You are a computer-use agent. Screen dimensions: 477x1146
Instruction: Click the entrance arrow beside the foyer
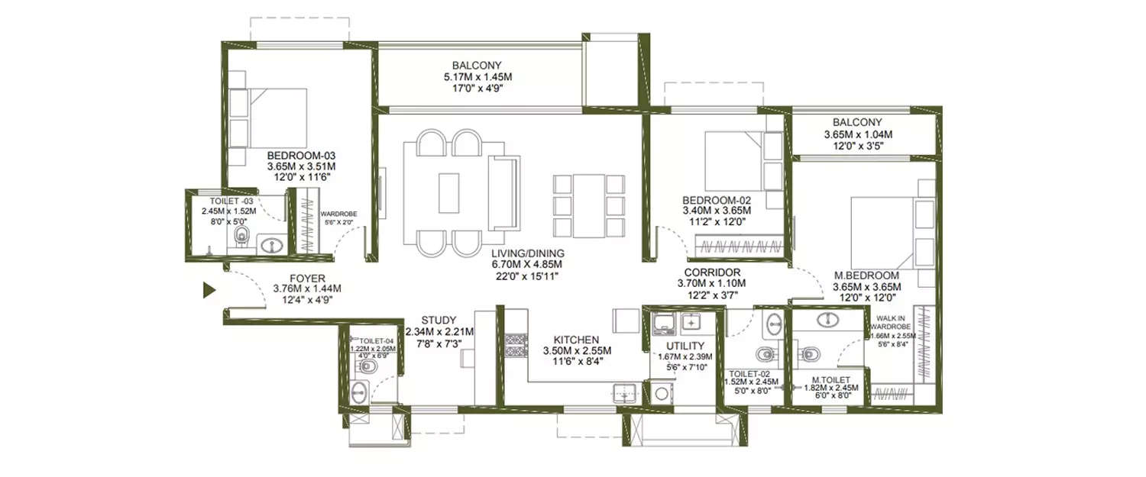[208, 290]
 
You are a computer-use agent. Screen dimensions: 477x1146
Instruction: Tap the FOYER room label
[307, 278]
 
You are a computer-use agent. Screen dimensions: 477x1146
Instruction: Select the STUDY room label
[439, 320]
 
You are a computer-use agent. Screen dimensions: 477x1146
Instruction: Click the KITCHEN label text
[577, 340]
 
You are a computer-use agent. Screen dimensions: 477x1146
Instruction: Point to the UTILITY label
[679, 345]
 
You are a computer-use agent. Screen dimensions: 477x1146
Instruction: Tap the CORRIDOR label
[711, 272]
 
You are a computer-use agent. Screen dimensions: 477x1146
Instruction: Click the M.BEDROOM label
[866, 276]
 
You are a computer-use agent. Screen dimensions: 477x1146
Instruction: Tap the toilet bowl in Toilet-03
[241, 235]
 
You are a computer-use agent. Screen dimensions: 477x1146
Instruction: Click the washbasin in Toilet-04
[359, 393]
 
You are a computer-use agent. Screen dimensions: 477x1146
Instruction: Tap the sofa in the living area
[503, 192]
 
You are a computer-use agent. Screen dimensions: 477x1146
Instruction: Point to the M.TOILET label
[828, 379]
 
